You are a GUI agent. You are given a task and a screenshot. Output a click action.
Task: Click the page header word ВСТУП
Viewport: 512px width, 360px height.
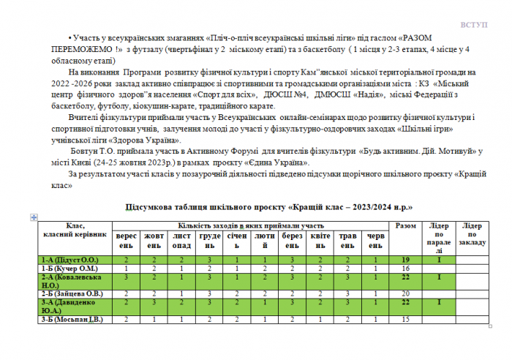(x=474, y=25)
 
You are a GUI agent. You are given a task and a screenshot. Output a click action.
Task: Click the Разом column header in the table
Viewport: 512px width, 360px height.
(x=404, y=226)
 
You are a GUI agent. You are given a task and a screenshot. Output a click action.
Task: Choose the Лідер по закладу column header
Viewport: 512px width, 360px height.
(x=472, y=234)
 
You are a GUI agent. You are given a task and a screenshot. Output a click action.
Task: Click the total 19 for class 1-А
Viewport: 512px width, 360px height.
(x=404, y=260)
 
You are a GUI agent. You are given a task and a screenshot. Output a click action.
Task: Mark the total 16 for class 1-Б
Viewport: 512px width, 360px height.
(x=404, y=269)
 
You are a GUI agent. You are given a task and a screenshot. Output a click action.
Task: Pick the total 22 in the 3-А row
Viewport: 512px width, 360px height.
(x=404, y=303)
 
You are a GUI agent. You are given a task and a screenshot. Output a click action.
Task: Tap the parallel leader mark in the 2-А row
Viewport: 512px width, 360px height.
(x=439, y=277)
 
